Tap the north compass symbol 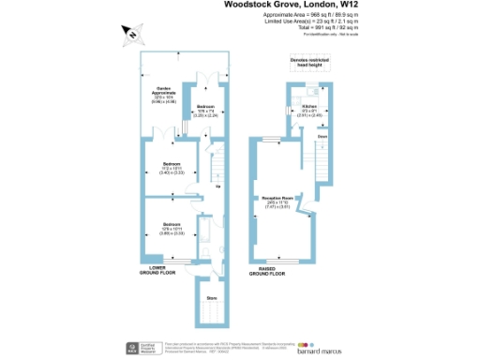[132, 35]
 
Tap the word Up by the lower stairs [218, 186]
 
